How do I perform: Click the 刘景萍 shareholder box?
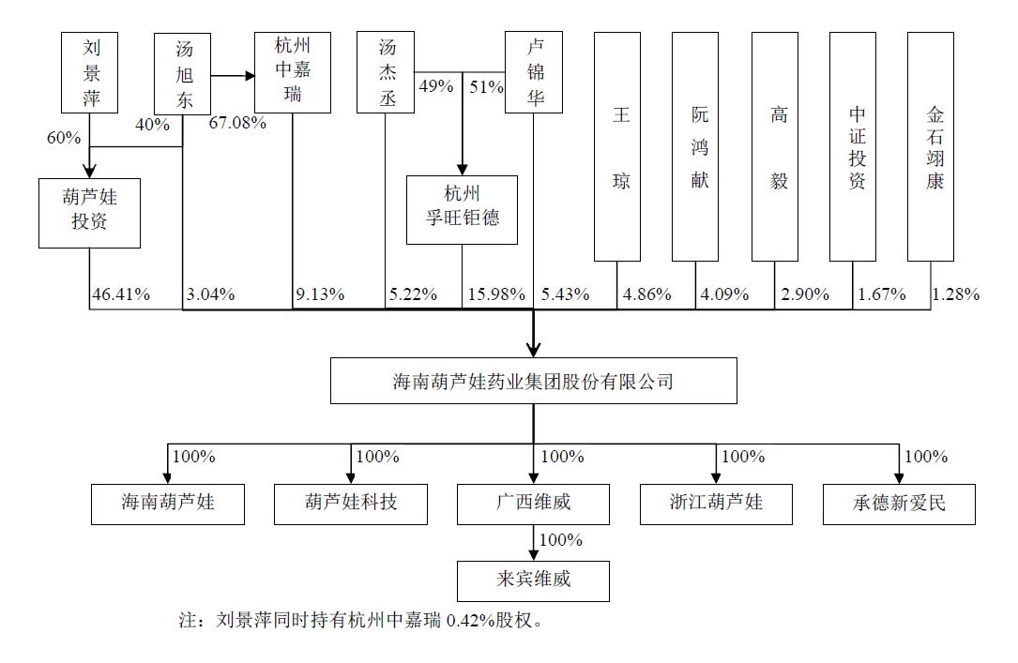pos(91,72)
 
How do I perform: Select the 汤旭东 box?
pos(184,73)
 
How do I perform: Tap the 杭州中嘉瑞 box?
pos(292,72)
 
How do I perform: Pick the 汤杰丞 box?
pos(387,72)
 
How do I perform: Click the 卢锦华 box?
pos(534,72)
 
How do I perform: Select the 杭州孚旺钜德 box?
pos(462,209)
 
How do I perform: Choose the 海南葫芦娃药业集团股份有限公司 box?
pos(533,382)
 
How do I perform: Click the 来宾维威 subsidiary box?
pos(533,580)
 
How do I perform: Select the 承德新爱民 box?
pos(898,503)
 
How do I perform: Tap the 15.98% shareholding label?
pos(495,294)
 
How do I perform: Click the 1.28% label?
pos(956,294)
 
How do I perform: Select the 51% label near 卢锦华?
pos(486,86)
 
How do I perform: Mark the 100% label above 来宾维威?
pos(561,540)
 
